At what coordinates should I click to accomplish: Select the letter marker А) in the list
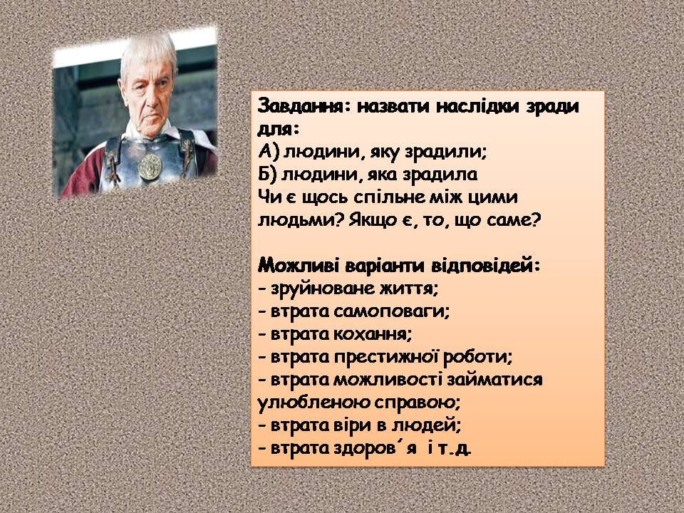pos(266,152)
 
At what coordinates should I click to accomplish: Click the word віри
pos(359,425)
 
